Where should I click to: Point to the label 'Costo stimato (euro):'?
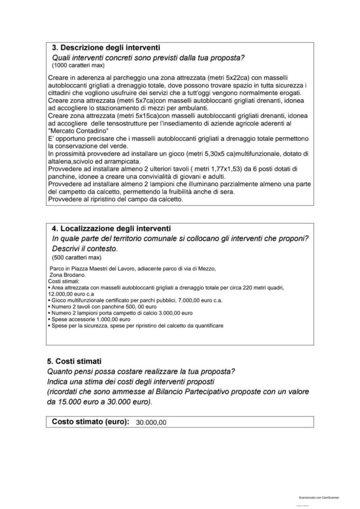(91, 421)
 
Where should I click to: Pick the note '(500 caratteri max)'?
(75, 258)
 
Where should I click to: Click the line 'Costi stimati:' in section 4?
(64, 281)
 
